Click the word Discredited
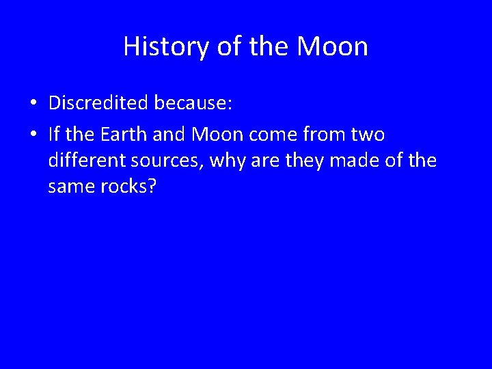pyautogui.click(x=98, y=103)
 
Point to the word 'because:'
pyautogui.click(x=193, y=103)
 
